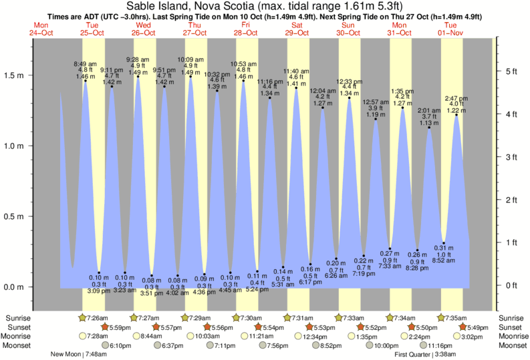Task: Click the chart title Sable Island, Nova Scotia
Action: [265, 6]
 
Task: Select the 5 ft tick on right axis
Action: [511, 71]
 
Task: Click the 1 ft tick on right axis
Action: [511, 242]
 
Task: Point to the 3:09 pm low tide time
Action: [98, 290]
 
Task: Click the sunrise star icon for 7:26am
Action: [83, 317]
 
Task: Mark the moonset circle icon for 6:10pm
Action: [106, 345]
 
